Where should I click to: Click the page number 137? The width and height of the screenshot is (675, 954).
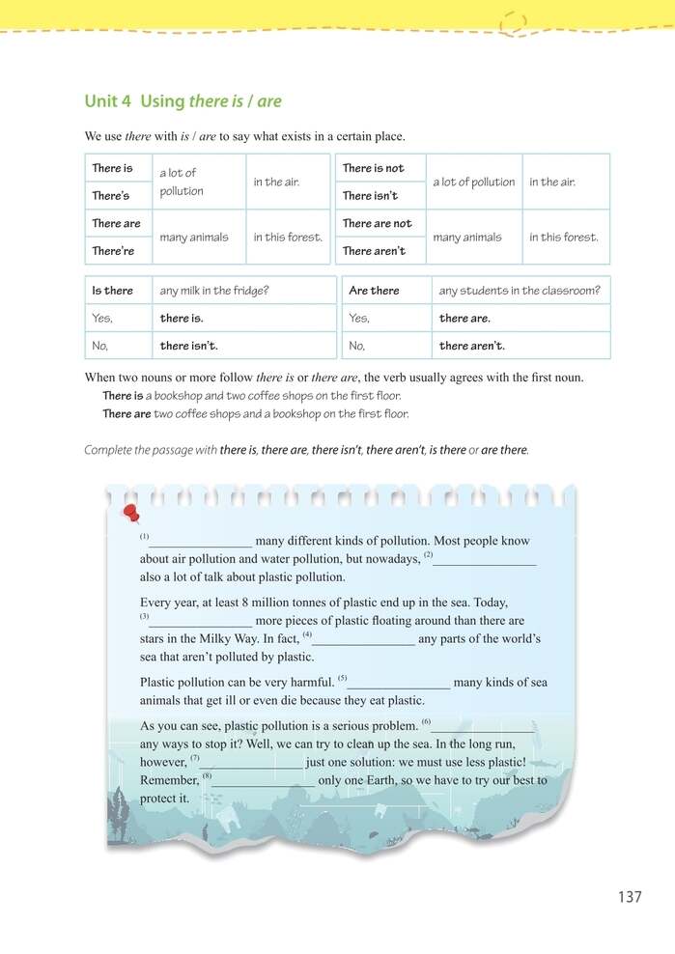pyautogui.click(x=630, y=897)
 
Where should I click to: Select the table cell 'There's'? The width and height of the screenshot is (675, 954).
pyautogui.click(x=111, y=196)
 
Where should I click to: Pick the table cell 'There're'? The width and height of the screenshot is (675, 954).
pyautogui.click(x=113, y=251)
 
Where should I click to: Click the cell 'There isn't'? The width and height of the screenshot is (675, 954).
pyautogui.click(x=370, y=196)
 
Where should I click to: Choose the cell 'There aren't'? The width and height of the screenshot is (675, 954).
pyautogui.click(x=374, y=251)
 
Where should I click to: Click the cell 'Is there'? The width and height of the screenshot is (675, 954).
pyautogui.click(x=113, y=291)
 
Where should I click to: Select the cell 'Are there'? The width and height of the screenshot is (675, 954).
pyautogui.click(x=374, y=291)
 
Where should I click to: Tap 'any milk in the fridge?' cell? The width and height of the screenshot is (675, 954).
pyautogui.click(x=214, y=291)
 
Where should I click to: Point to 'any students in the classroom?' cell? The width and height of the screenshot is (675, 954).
pyautogui.click(x=519, y=291)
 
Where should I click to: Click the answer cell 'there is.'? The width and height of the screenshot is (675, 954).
pyautogui.click(x=182, y=318)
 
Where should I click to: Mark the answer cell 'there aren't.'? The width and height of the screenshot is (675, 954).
pyautogui.click(x=471, y=346)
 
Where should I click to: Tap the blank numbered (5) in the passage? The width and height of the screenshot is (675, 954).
pyautogui.click(x=398, y=683)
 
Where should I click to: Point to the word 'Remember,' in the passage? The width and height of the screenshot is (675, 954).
pyautogui.click(x=169, y=780)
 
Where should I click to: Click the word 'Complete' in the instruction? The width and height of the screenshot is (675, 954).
pyautogui.click(x=110, y=450)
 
